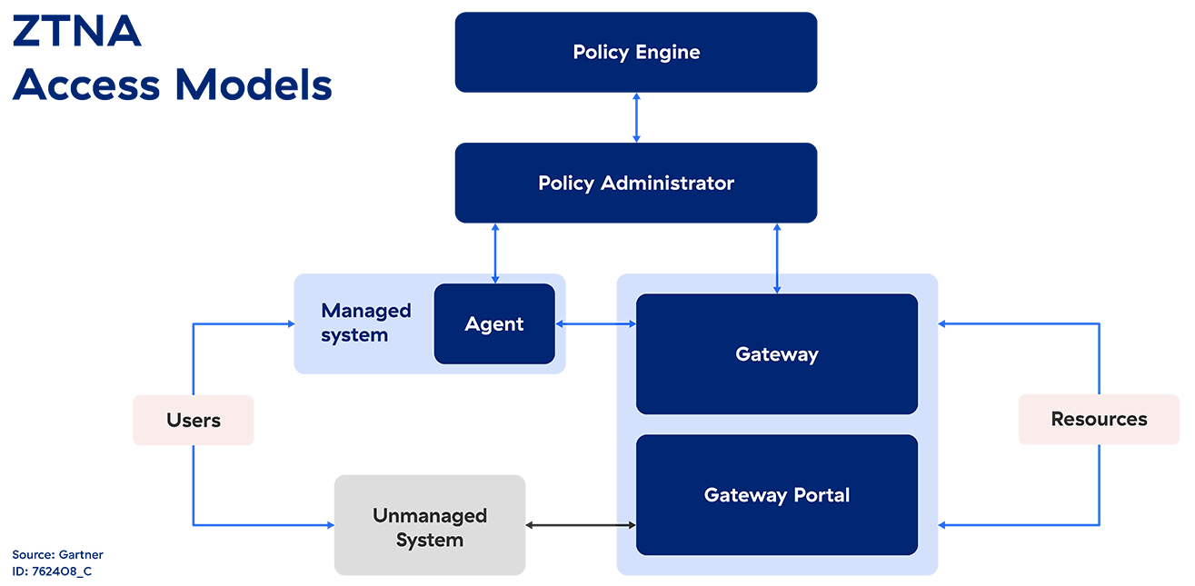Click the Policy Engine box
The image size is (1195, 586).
coord(636,52)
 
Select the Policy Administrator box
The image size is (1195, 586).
coord(636,183)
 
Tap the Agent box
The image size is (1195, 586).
coord(494,324)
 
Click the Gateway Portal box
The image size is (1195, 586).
coord(777,495)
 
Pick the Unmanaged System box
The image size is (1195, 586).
coord(430,527)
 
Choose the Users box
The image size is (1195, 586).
coord(194,420)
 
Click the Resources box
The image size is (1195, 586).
coord(1099,419)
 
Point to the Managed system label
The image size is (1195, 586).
coord(365,323)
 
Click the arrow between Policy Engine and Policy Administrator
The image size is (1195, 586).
coord(636,117)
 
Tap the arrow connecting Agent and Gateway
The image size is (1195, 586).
coord(595,324)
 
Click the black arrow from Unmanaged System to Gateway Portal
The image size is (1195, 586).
coord(581,525)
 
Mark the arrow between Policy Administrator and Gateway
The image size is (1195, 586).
coord(777,258)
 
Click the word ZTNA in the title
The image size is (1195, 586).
coord(77,32)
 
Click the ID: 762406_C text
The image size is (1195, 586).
coord(52,571)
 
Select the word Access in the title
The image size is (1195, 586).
coord(87,85)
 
